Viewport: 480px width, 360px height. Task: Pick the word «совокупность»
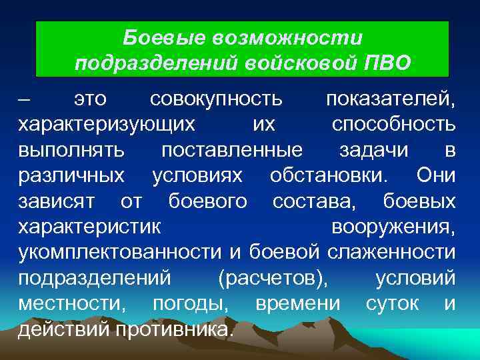[x=216, y=101]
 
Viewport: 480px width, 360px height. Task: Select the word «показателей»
[x=391, y=101]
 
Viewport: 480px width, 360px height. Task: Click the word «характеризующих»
[x=107, y=125]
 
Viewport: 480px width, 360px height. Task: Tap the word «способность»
[x=394, y=125]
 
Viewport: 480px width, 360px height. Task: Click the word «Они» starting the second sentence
[x=436, y=176]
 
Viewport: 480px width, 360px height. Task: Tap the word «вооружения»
[x=393, y=226]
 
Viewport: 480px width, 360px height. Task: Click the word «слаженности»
[x=393, y=251]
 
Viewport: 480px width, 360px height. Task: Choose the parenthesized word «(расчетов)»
[x=273, y=277]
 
